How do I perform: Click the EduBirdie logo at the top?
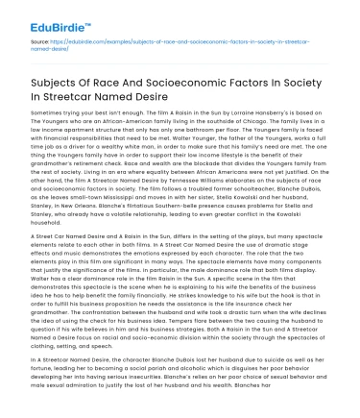point(44,13)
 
